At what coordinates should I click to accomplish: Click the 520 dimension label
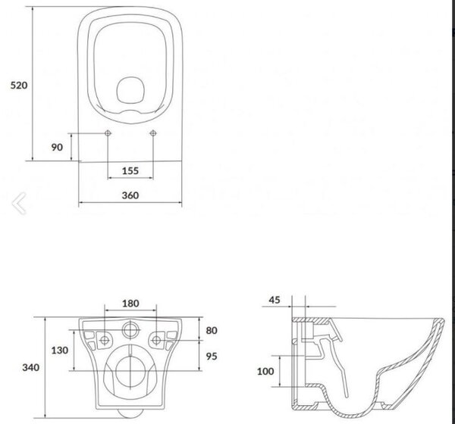[19, 86]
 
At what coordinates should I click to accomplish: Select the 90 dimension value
[57, 147]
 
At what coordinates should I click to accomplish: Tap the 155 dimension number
[130, 170]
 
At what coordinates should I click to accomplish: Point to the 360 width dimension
[130, 195]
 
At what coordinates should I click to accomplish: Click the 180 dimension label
[130, 304]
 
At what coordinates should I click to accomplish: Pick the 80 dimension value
[212, 330]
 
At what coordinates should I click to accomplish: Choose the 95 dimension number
[212, 356]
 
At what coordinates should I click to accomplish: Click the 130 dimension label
[60, 351]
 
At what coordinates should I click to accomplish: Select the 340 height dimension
[31, 367]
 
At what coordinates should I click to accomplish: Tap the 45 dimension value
[275, 300]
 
